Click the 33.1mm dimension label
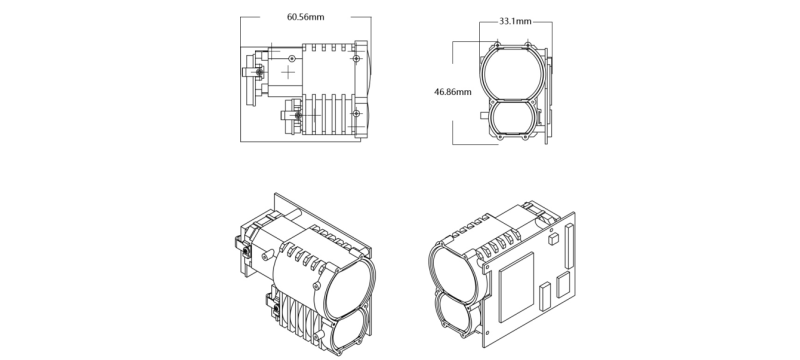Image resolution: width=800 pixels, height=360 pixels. pyautogui.click(x=514, y=21)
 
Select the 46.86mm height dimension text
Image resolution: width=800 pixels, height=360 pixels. pyautogui.click(x=453, y=91)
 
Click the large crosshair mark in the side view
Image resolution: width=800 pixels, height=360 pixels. pyautogui.click(x=289, y=74)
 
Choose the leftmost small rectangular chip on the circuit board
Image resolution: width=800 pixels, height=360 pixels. pyautogui.click(x=543, y=295)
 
